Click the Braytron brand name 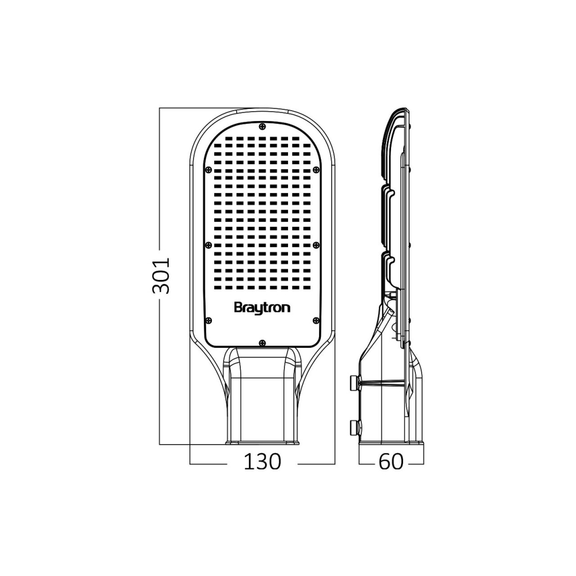pyautogui.click(x=262, y=308)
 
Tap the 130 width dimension pyautogui.click(x=262, y=462)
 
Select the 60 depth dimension pyautogui.click(x=391, y=462)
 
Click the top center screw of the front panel pyautogui.click(x=262, y=126)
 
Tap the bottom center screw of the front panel pyautogui.click(x=262, y=343)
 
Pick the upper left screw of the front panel pyautogui.click(x=209, y=169)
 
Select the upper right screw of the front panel pyautogui.click(x=316, y=169)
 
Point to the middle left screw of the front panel pyautogui.click(x=209, y=245)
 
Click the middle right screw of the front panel pyautogui.click(x=316, y=245)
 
